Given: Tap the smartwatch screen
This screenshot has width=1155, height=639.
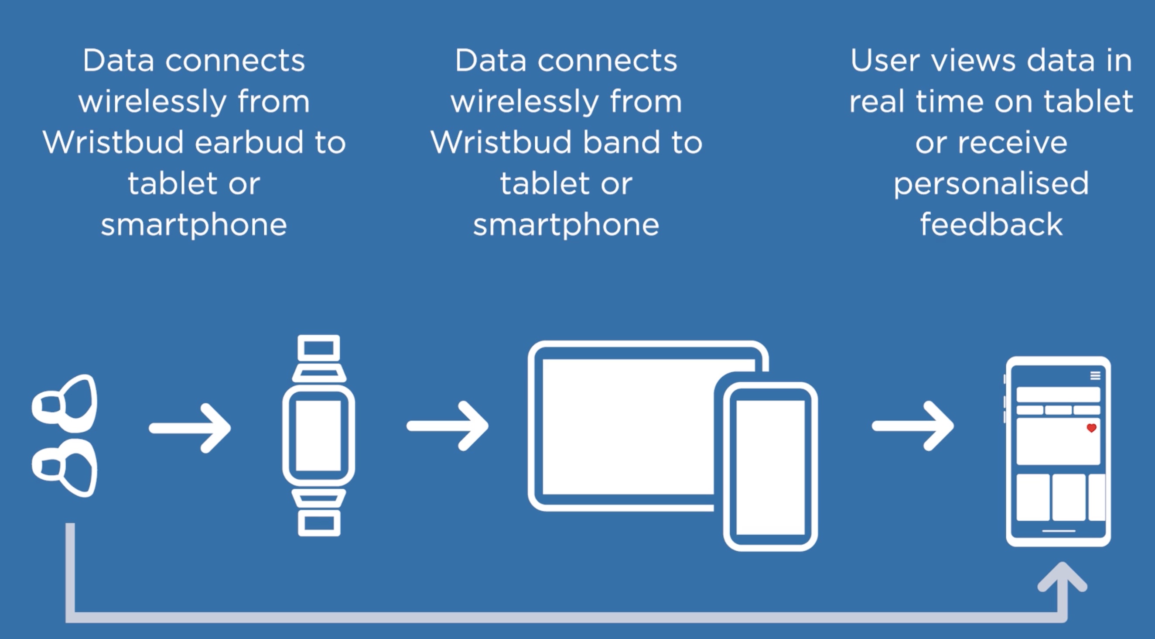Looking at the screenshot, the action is (318, 435).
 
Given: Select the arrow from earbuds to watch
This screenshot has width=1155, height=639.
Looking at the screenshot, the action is (190, 428).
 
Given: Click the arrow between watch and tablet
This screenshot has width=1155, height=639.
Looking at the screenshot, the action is (448, 426).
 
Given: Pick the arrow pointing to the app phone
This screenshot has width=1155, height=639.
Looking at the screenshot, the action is (912, 426).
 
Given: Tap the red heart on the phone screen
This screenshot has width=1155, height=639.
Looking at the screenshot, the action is (1092, 428).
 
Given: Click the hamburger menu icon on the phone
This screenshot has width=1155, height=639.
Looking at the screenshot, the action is (1095, 376).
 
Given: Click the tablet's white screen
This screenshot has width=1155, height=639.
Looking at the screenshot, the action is (628, 426).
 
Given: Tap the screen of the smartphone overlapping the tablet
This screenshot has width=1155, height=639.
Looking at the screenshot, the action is (770, 467).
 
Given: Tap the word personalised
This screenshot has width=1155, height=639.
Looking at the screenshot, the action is (991, 184).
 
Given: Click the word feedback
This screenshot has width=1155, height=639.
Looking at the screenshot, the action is (991, 224).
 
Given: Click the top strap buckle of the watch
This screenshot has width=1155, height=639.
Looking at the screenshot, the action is (319, 348).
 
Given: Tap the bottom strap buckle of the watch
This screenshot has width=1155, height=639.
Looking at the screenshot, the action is (319, 523).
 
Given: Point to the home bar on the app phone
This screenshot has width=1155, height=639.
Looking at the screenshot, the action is (1059, 531).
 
